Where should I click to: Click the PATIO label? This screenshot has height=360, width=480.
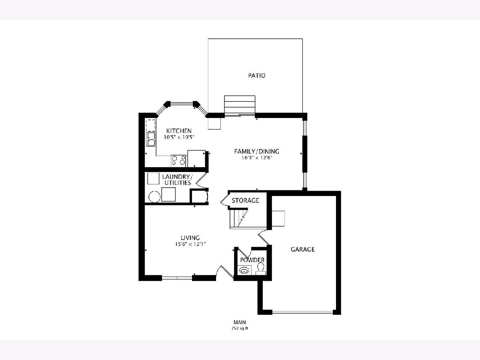pos(257,76)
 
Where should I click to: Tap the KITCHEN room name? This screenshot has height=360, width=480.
pos(179,131)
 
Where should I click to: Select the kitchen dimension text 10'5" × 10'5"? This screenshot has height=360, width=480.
pos(179,138)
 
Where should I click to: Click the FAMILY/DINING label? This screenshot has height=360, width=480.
pos(257,151)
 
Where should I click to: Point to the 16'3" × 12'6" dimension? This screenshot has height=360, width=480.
pos(257,158)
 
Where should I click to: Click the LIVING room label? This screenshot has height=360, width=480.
pos(190,238)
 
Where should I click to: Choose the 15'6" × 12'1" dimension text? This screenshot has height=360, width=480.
pos(190,244)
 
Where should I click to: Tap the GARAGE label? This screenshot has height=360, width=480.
pos(303,249)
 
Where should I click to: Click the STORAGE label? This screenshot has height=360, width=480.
pos(245,200)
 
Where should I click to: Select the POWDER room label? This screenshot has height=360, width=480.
pos(252,260)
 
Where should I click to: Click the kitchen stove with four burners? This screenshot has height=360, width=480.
pos(178,161)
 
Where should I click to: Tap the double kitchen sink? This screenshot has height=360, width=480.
pos(151,139)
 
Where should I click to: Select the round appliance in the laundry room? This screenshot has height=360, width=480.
pos(154,197)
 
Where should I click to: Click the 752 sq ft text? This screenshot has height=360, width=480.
pos(240,328)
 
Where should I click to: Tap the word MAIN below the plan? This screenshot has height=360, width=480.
pos(240,322)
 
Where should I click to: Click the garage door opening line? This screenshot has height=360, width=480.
pos(303,312)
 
